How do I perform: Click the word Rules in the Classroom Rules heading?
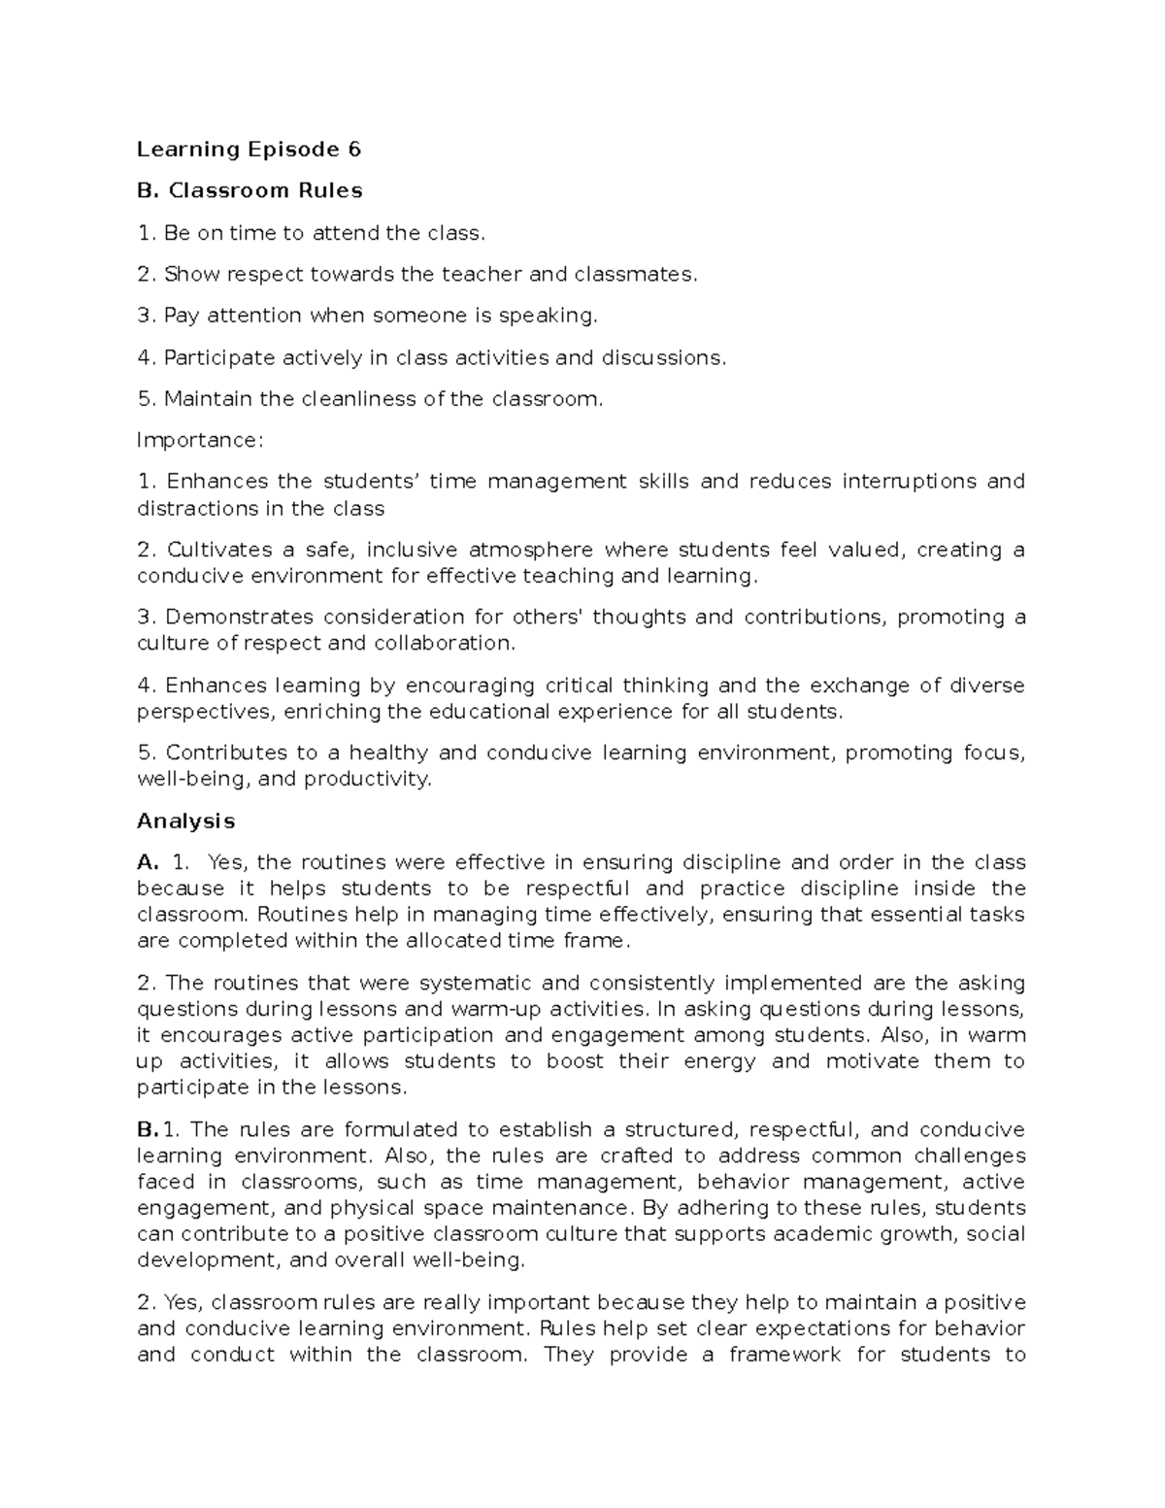pyautogui.click(x=332, y=191)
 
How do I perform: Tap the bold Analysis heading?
pyautogui.click(x=185, y=821)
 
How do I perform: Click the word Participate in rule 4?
pyautogui.click(x=219, y=358)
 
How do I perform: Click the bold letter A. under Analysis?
pyautogui.click(x=148, y=862)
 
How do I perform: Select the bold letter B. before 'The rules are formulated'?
pyautogui.click(x=148, y=1130)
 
